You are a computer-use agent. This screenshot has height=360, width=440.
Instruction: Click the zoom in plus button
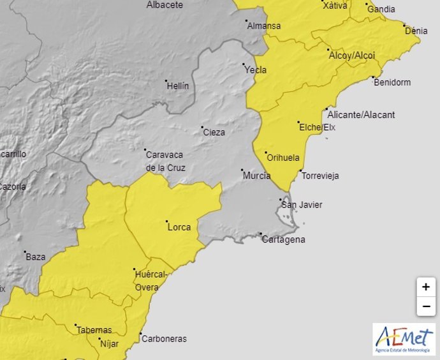pos(425,287)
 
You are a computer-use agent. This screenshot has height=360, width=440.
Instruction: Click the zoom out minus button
pos(425,306)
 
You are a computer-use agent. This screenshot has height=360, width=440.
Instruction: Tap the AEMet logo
pos(404,339)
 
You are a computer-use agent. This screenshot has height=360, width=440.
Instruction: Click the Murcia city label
pos(256,176)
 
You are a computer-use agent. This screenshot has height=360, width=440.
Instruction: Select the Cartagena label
pos(283,240)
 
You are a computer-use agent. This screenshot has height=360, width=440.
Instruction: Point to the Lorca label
pos(179,227)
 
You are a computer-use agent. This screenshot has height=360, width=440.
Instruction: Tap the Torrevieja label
pos(320,176)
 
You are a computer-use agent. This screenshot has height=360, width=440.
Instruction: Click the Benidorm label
pos(392,83)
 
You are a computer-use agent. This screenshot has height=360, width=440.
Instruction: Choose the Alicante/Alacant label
pos(360,115)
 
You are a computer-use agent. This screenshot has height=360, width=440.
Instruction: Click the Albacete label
pos(165,5)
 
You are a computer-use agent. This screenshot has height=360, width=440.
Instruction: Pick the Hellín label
pos(177,85)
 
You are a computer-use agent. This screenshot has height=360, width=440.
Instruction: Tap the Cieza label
pos(214,132)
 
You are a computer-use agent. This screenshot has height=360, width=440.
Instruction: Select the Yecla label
pos(256,70)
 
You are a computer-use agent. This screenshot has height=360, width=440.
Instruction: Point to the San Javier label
pos(302,205)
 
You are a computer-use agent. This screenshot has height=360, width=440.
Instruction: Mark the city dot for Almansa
pos(247,21)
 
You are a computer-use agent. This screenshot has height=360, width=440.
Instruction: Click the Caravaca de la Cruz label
pos(165,161)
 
